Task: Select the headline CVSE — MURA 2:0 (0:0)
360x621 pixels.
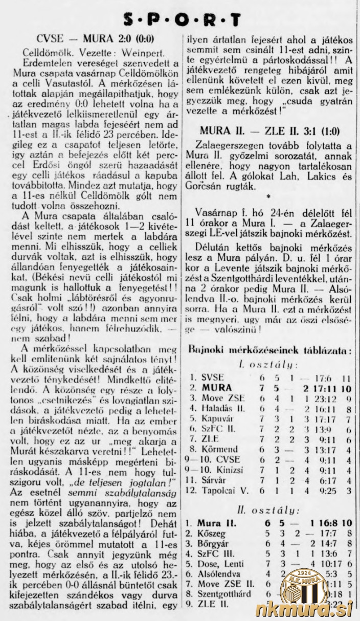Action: pos(96,40)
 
